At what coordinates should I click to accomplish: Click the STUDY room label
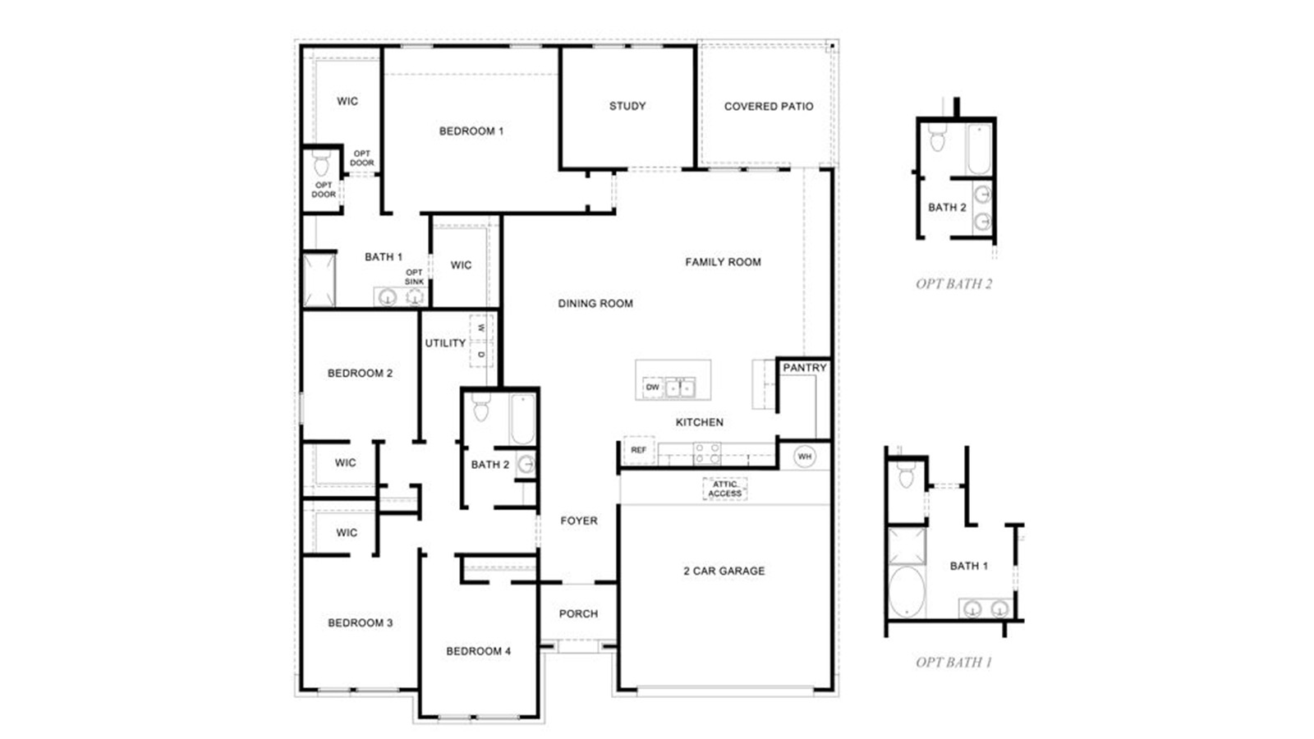click(x=627, y=106)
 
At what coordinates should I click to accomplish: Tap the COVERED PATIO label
click(x=769, y=106)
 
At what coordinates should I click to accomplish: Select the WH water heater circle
click(x=805, y=457)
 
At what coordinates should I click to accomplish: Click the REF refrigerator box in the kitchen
click(x=638, y=450)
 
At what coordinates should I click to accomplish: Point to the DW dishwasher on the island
click(x=652, y=388)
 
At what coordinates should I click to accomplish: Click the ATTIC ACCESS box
click(x=724, y=489)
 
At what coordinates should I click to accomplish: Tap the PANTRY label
click(x=804, y=368)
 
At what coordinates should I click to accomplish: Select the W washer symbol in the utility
click(x=481, y=328)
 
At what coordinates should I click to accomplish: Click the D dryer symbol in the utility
click(x=481, y=354)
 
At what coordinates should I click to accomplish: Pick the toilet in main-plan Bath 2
click(x=481, y=407)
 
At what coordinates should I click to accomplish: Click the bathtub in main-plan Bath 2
click(x=522, y=419)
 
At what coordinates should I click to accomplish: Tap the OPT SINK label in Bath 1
click(x=414, y=277)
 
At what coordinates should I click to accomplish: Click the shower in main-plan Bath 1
click(x=319, y=280)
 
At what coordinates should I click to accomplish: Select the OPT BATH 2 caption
click(x=953, y=284)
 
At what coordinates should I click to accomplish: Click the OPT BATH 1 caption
click(x=953, y=662)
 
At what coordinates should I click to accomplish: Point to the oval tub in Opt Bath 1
click(x=907, y=591)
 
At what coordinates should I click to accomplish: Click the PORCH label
click(x=578, y=613)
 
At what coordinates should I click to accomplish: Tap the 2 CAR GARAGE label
click(x=724, y=571)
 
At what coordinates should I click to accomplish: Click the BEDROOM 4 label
click(x=478, y=651)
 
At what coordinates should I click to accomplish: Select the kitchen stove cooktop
click(x=707, y=452)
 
